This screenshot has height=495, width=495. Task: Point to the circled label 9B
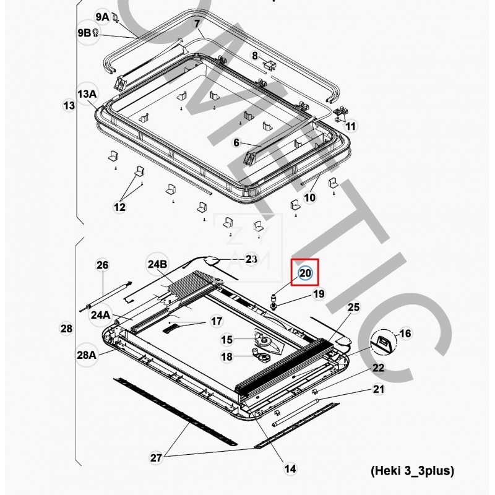tap(85, 33)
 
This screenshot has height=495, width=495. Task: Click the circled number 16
tap(405, 334)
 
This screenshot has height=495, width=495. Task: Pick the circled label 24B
tap(158, 264)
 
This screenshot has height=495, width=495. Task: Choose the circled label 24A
tap(101, 314)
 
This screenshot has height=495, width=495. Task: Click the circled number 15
tap(227, 339)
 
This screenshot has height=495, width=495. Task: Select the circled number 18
tap(227, 356)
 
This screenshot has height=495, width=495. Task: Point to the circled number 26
tap(102, 265)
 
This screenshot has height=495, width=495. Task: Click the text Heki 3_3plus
tap(413, 471)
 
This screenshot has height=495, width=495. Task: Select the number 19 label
tap(317, 294)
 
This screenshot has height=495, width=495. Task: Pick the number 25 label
tap(353, 307)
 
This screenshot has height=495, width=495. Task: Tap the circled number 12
tap(119, 207)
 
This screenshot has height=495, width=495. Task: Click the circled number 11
tap(351, 126)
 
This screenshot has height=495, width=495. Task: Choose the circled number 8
tap(254, 56)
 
